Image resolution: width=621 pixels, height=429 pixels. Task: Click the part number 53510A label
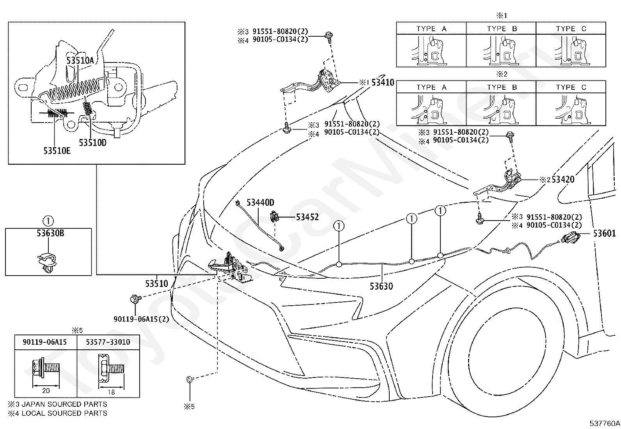pyautogui.click(x=80, y=60)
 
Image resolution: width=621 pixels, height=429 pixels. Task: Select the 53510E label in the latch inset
pyautogui.click(x=57, y=151)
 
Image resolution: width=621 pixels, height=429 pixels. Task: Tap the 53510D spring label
pyautogui.click(x=92, y=142)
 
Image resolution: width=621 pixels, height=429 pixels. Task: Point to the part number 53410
pyautogui.click(x=383, y=82)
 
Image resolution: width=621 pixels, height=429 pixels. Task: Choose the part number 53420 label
pyautogui.click(x=563, y=179)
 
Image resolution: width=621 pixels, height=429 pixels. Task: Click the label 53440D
pyautogui.click(x=260, y=203)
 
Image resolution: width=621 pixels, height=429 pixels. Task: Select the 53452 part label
pyautogui.click(x=307, y=217)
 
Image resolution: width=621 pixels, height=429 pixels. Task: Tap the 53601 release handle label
pyautogui.click(x=604, y=234)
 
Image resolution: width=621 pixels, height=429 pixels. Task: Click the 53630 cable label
pyautogui.click(x=381, y=286)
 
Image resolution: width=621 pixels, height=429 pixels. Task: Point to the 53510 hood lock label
pyautogui.click(x=157, y=284)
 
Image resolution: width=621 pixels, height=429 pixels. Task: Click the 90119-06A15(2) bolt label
pyautogui.click(x=141, y=319)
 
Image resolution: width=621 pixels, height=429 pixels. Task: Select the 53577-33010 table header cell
pyautogui.click(x=108, y=342)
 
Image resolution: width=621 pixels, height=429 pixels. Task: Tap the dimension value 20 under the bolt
pyautogui.click(x=46, y=391)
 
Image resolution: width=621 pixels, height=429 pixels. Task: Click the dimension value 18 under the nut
pyautogui.click(x=111, y=392)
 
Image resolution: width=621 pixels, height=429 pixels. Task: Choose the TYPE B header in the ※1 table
pyautogui.click(x=502, y=28)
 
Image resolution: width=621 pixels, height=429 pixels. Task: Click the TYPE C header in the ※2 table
pyautogui.click(x=571, y=87)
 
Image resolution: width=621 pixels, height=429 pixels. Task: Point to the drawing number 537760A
pyautogui.click(x=605, y=424)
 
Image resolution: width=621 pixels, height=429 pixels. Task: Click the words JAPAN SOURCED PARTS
pyautogui.click(x=64, y=404)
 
